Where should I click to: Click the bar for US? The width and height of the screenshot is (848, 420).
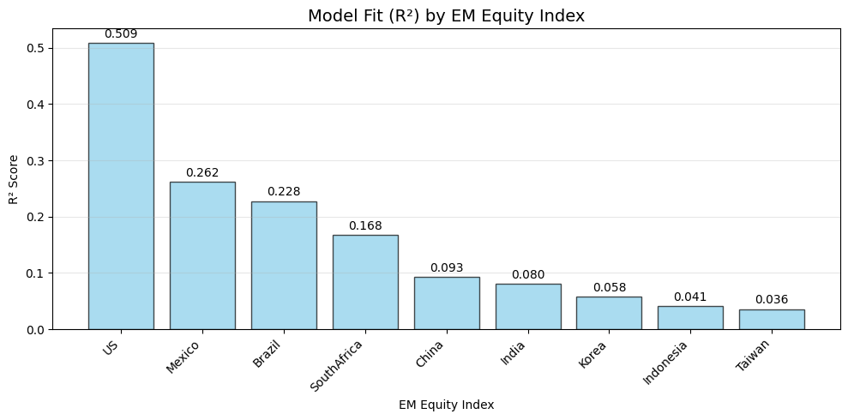pos(121,186)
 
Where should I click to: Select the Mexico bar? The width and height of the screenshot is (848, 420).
pos(202,255)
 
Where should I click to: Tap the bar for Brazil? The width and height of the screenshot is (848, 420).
pos(284,265)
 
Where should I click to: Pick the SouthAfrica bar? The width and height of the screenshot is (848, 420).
pos(365,282)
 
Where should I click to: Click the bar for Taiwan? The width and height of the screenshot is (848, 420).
pos(772,319)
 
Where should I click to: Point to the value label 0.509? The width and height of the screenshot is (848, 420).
pos(121,34)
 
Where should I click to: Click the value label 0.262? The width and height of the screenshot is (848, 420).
pos(202,173)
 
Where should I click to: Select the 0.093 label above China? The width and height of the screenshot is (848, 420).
pos(447,268)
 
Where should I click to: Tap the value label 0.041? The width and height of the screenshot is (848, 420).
pos(690,297)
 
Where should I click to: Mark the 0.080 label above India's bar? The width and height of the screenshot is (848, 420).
pos(528,275)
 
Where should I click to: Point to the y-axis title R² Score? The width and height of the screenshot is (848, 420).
pos(13,180)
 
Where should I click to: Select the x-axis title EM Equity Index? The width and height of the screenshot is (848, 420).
pos(446,405)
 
